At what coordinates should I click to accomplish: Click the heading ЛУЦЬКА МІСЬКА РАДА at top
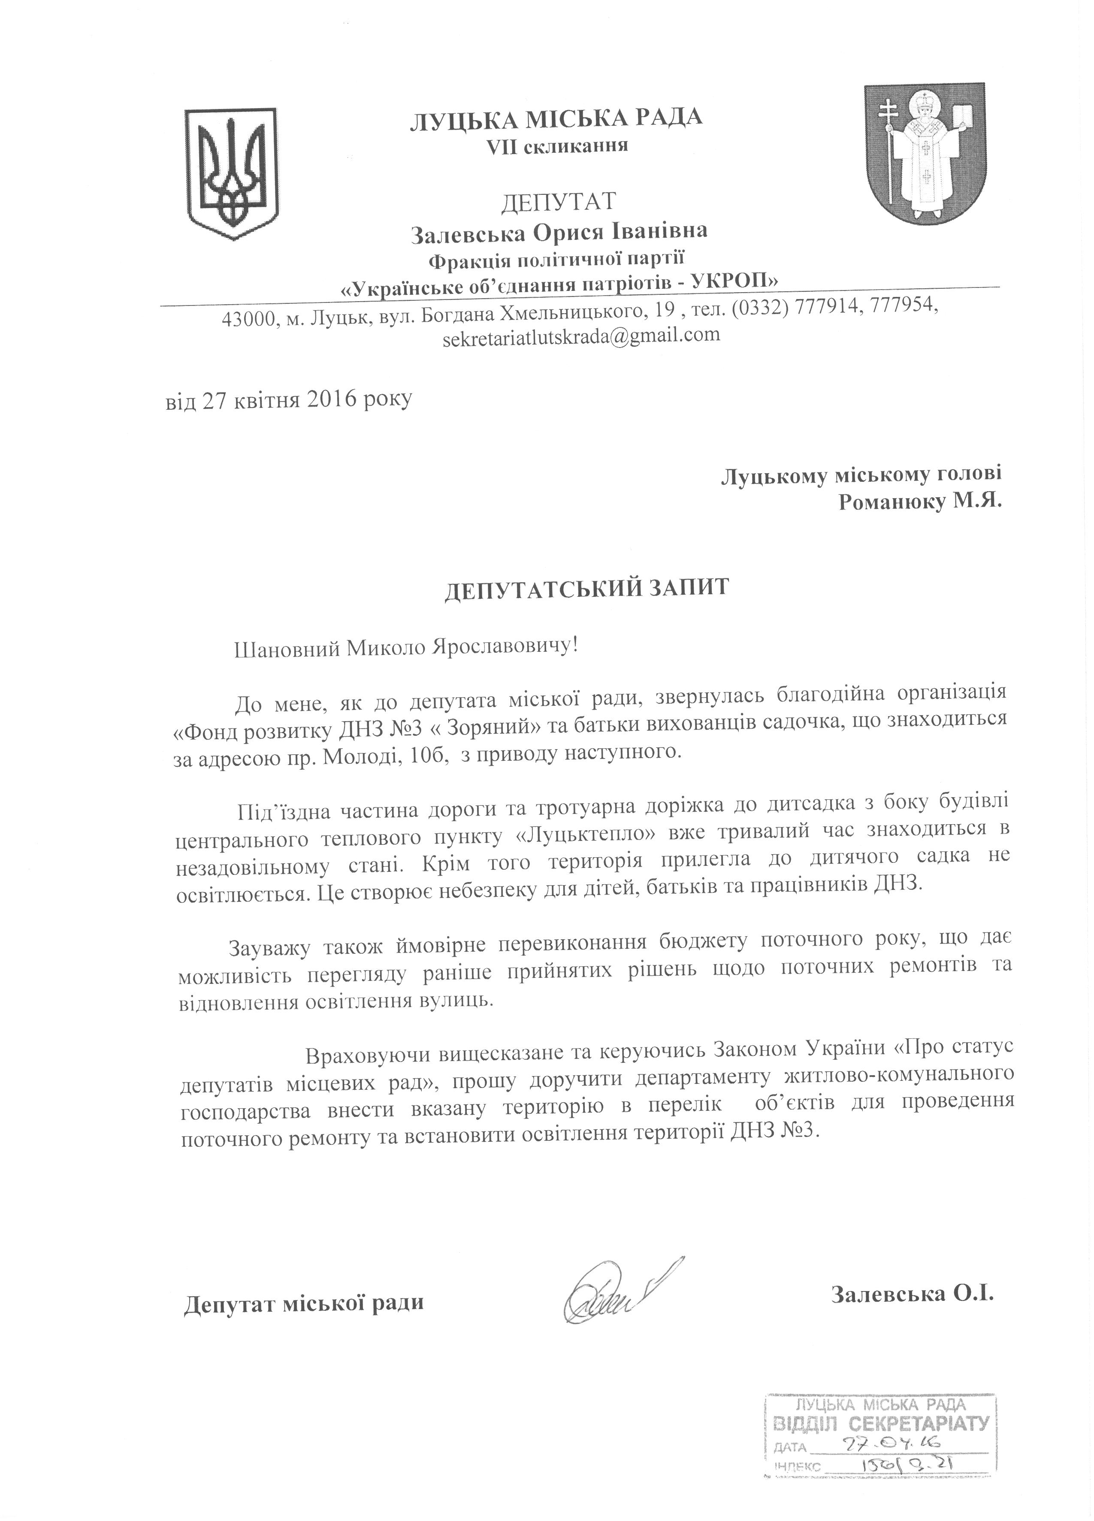pos(556,119)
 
